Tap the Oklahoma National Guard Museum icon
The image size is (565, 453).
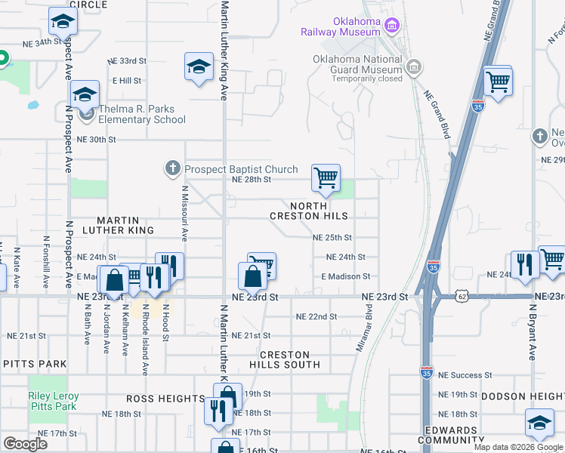(x=413, y=69)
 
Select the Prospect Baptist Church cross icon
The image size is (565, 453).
(x=173, y=168)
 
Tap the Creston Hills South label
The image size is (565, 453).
(x=285, y=359)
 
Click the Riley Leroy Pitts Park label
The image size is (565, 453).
(x=52, y=401)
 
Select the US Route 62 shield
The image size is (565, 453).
(x=462, y=297)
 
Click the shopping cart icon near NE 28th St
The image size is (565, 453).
(x=326, y=178)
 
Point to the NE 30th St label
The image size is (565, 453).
(x=97, y=140)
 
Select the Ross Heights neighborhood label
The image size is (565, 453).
(x=155, y=398)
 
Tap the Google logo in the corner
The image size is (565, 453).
(x=25, y=444)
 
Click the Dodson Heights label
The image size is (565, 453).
(x=523, y=396)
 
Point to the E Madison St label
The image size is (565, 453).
(x=345, y=277)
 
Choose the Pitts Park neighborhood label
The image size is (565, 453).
(x=35, y=364)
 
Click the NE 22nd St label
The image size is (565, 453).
(x=316, y=316)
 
